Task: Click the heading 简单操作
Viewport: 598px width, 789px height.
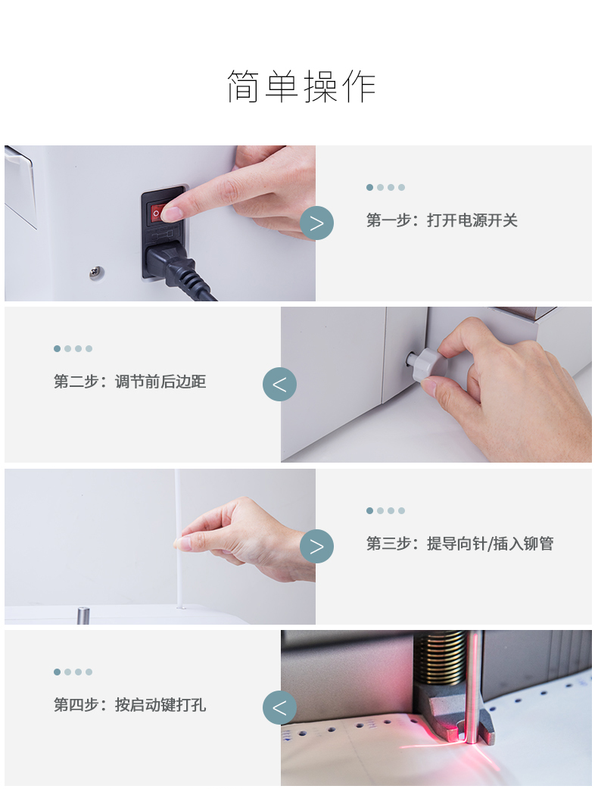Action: (301, 86)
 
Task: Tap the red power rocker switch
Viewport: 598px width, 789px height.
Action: (157, 214)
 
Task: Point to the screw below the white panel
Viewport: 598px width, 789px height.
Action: (97, 273)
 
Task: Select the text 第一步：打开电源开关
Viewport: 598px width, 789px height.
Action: (441, 220)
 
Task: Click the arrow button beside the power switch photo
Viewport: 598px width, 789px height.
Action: (317, 223)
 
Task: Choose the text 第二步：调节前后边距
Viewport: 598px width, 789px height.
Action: (129, 382)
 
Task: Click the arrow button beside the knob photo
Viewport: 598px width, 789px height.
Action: (279, 385)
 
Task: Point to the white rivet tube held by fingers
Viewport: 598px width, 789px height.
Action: (178, 538)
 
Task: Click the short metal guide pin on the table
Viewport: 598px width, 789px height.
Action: (83, 616)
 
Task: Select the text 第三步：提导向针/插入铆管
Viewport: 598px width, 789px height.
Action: (459, 544)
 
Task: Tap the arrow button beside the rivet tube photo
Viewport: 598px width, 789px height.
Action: (317, 547)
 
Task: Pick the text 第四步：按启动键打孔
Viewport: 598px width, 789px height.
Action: (129, 704)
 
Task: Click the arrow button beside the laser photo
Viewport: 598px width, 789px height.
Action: (279, 708)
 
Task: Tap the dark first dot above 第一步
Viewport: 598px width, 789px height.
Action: (369, 187)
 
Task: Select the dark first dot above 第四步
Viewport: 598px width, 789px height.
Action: (57, 672)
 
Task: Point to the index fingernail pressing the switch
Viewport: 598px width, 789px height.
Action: (173, 214)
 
